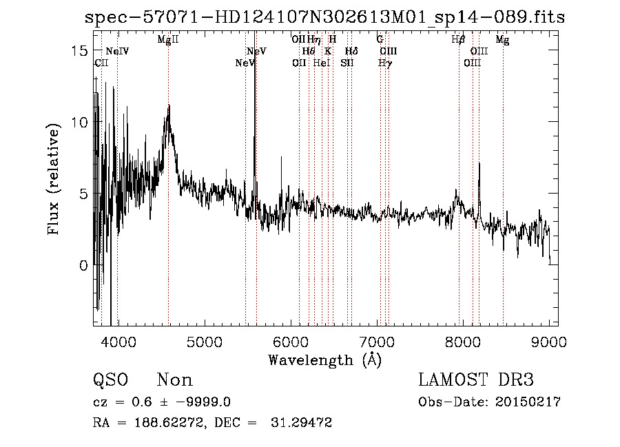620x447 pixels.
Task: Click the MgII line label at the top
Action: tap(168, 40)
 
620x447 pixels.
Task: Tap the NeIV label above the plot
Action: tap(117, 52)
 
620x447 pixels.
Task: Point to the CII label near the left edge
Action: tap(101, 63)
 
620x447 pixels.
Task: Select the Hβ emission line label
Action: tap(458, 40)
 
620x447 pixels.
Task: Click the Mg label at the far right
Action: tap(503, 40)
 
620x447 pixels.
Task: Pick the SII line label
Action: tap(347, 63)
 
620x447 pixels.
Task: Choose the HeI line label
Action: tap(322, 63)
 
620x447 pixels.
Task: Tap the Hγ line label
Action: tap(385, 63)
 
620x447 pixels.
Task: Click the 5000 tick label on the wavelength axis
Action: tap(204, 342)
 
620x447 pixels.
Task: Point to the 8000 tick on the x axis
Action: tap(463, 342)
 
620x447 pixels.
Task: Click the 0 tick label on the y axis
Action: tap(83, 265)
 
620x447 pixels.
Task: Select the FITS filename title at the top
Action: tap(324, 17)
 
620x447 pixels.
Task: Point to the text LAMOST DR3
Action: tap(476, 380)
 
